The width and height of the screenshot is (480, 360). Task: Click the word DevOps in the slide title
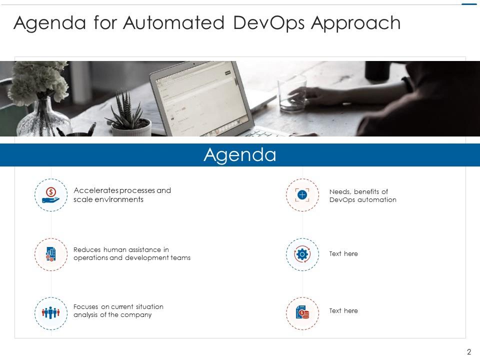tap(267, 23)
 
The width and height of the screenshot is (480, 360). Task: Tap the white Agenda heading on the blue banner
tap(240, 155)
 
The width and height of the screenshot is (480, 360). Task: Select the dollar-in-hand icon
tap(51, 195)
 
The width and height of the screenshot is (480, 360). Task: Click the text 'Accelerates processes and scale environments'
tap(122, 195)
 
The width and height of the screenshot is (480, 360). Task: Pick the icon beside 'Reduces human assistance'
tap(51, 254)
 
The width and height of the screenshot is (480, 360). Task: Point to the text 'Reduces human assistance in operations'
tap(131, 254)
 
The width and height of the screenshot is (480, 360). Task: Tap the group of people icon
tap(51, 313)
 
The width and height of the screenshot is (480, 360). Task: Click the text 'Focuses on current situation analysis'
tap(118, 311)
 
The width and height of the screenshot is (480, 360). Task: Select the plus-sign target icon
tap(302, 195)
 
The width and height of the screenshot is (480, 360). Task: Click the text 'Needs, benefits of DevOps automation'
tap(362, 195)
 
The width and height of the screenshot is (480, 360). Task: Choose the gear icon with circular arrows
tap(302, 254)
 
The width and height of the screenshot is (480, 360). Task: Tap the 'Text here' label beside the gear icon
tap(343, 254)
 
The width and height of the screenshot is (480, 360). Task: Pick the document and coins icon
tap(302, 313)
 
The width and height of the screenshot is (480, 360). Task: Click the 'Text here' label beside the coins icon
tap(343, 311)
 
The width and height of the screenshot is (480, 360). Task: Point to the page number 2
tap(468, 352)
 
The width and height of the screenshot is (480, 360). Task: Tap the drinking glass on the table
tap(292, 93)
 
